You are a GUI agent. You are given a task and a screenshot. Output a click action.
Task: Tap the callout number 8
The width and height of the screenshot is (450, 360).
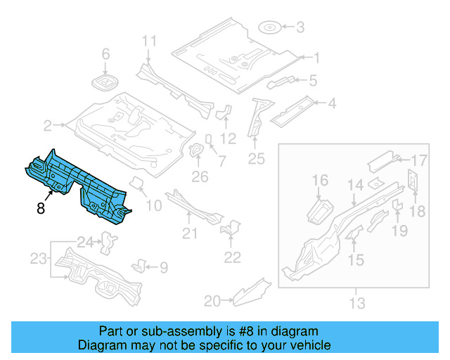[41, 207]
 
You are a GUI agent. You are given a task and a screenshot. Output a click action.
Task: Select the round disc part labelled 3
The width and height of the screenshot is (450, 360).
[270, 28]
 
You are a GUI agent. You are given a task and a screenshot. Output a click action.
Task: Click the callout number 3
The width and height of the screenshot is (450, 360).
[300, 28]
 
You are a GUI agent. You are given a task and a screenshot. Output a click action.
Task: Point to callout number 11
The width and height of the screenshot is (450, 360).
[148, 41]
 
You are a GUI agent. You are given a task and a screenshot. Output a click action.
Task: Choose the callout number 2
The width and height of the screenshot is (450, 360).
[48, 127]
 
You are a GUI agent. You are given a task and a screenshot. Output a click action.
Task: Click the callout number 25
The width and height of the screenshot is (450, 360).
[256, 159]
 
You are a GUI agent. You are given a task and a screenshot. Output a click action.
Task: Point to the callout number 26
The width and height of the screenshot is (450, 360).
[200, 176]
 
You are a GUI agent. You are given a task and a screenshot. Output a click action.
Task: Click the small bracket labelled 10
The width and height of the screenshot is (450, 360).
[138, 184]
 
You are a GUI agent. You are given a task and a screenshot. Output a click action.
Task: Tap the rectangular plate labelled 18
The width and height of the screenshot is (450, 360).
[413, 179]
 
